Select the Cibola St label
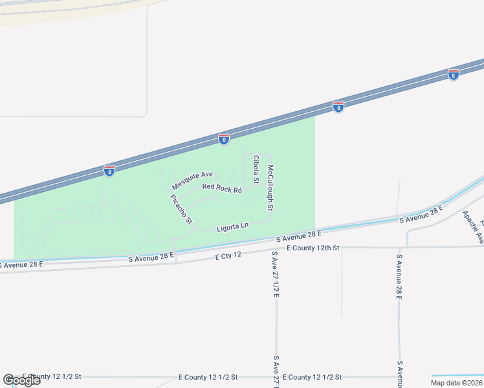(256, 169)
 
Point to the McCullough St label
(271, 188)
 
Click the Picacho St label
(182, 209)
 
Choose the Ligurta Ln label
(232, 226)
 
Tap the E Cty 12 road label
(228, 256)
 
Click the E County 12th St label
(313, 248)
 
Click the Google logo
(21, 380)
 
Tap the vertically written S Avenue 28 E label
(400, 276)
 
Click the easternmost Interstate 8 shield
(453, 75)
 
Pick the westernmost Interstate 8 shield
(109, 171)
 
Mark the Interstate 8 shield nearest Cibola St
(223, 139)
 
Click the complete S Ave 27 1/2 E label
(275, 274)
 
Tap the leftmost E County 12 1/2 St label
(51, 376)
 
